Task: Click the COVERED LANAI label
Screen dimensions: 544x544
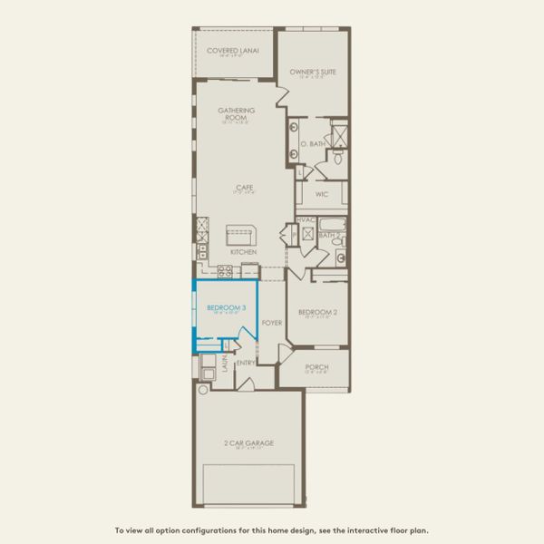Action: (233, 51)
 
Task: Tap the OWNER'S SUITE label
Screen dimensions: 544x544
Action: (313, 71)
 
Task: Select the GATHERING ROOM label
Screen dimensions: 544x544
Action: (236, 113)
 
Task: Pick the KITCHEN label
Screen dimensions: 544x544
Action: (243, 251)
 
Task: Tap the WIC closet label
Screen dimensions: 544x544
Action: (322, 194)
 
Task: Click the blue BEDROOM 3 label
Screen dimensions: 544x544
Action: (226, 308)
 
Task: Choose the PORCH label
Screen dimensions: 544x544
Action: (317, 367)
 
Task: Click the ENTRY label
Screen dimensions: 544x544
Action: (246, 364)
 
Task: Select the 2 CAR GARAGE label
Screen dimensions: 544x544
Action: (248, 442)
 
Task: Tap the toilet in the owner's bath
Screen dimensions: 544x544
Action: (337, 159)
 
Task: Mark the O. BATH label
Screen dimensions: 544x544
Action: (312, 143)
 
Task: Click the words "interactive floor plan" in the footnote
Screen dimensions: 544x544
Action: (381, 530)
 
